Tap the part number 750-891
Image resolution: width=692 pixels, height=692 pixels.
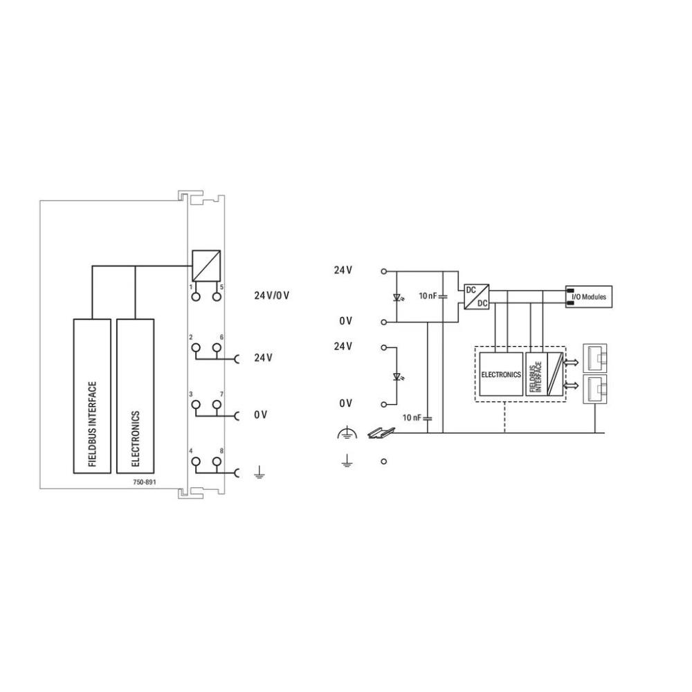(x=144, y=482)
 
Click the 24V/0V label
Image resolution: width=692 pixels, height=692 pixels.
(x=271, y=295)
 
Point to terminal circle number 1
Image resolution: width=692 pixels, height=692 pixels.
(x=196, y=297)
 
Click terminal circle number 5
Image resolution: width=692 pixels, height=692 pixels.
(x=217, y=297)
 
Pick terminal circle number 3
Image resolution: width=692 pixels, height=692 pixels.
(x=196, y=404)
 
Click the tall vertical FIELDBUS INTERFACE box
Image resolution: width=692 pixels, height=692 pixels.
(x=93, y=396)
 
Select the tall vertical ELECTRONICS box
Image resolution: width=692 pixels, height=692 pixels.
(x=135, y=396)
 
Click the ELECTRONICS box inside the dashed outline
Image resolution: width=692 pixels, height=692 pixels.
(x=500, y=374)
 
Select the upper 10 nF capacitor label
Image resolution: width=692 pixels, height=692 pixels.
(x=428, y=296)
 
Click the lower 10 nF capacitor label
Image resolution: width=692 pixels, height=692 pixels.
(x=412, y=417)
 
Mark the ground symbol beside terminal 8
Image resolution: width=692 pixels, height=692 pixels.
(x=258, y=473)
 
